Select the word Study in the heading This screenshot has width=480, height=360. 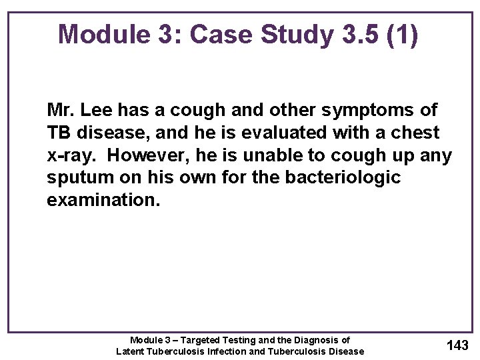pyautogui.click(x=293, y=35)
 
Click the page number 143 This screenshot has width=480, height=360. pyautogui.click(x=457, y=345)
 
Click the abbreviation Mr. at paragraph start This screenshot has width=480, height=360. pyautogui.click(x=61, y=109)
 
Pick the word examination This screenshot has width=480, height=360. pyautogui.click(x=103, y=201)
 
